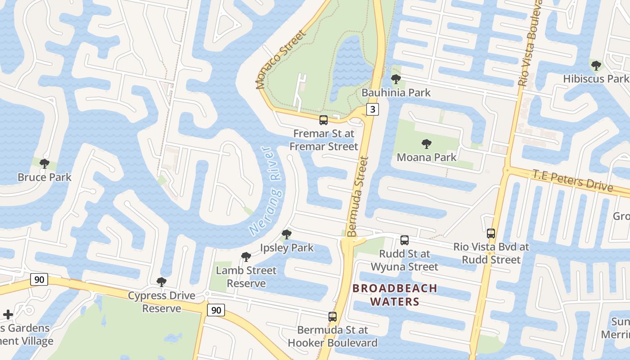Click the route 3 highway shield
click(372, 109)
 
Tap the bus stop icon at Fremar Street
click(324, 120)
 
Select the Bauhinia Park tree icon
click(396, 80)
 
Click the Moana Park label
click(426, 157)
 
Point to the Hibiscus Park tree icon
click(596, 66)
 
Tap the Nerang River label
click(267, 191)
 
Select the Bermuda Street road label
click(358, 197)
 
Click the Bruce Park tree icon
click(44, 164)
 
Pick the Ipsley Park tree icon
click(286, 234)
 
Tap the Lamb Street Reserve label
click(246, 277)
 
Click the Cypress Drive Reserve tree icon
click(161, 282)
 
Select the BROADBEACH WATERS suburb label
click(395, 295)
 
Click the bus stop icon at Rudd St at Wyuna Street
click(405, 240)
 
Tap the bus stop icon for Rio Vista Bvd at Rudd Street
click(491, 234)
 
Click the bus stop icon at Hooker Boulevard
click(333, 317)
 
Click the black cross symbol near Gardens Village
click(8, 315)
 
